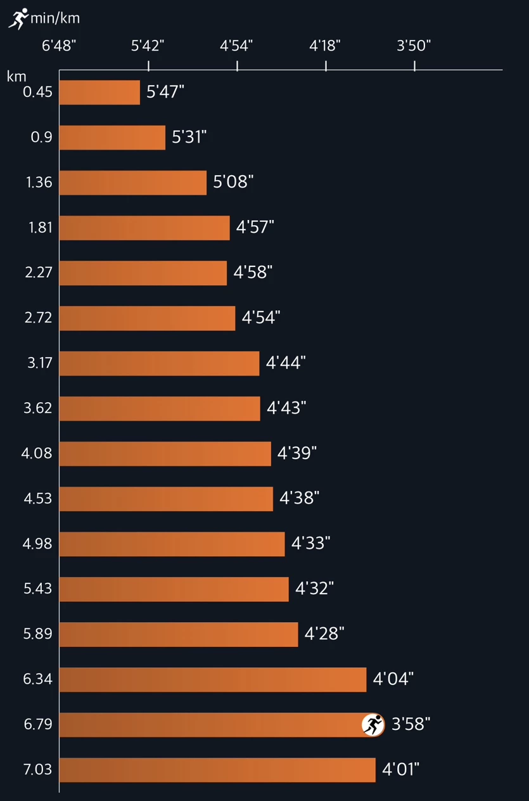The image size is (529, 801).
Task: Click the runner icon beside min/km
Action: (x=18, y=18)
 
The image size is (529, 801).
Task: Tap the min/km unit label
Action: (x=55, y=18)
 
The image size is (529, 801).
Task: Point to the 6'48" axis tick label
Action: (x=59, y=46)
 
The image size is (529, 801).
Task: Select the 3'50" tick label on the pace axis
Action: (x=414, y=46)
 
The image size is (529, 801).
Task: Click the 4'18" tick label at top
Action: (x=325, y=46)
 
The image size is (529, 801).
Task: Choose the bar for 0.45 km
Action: (x=99, y=92)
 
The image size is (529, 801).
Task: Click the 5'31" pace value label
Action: (x=189, y=137)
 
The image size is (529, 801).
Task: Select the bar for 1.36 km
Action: (x=133, y=183)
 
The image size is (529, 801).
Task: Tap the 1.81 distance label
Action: (x=41, y=228)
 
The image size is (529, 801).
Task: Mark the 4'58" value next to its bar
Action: (x=253, y=273)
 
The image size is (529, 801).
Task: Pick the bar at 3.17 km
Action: (x=159, y=363)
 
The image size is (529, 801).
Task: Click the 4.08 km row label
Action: (x=37, y=453)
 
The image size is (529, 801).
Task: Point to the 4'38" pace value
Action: (x=299, y=498)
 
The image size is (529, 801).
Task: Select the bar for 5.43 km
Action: (x=174, y=589)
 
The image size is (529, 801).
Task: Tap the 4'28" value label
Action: (x=324, y=634)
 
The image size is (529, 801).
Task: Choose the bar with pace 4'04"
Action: (x=213, y=679)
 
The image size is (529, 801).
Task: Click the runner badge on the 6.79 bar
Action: (x=373, y=725)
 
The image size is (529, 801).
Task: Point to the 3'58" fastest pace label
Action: (x=411, y=724)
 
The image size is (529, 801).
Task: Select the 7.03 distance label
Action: (x=37, y=769)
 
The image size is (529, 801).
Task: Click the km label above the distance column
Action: (x=16, y=77)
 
